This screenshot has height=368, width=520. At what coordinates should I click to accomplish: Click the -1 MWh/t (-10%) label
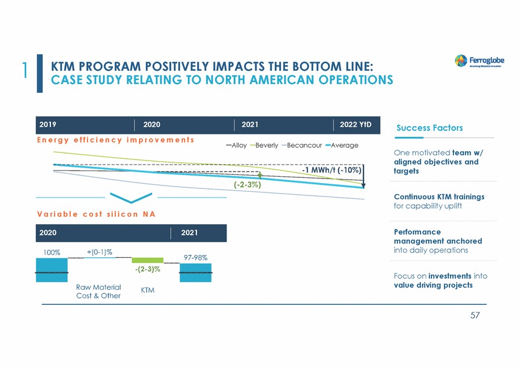pyautogui.click(x=332, y=170)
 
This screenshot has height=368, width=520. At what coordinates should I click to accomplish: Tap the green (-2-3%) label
pyautogui.click(x=247, y=185)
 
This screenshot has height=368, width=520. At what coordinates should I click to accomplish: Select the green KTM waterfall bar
pyautogui.click(x=148, y=260)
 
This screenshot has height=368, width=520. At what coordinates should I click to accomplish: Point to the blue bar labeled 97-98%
pyautogui.click(x=196, y=272)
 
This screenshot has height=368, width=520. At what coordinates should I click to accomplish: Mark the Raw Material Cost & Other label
pyautogui.click(x=98, y=292)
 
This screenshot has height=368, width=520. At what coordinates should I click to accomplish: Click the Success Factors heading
pyautogui.click(x=429, y=127)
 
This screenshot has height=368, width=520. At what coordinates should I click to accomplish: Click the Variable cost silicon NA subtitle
pyautogui.click(x=96, y=213)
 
